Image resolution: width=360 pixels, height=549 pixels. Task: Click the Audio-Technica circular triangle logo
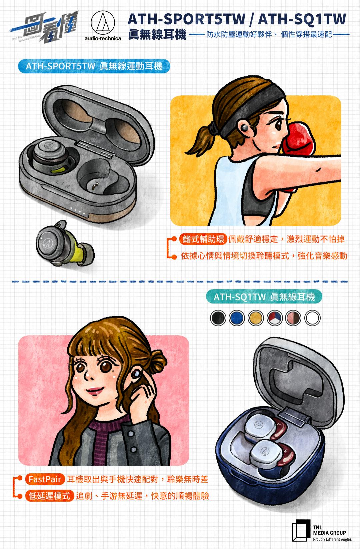[103, 23]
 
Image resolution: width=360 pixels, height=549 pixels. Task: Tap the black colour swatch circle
[218, 318]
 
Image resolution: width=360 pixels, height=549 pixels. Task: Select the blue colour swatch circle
[237, 318]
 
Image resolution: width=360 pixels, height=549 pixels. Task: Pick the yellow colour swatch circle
[255, 318]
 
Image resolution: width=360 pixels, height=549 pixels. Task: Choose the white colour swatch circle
[312, 318]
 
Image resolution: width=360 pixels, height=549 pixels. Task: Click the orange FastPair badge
[45, 479]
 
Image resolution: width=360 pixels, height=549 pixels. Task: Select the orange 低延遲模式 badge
[49, 496]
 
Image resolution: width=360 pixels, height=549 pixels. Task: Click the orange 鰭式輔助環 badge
[203, 239]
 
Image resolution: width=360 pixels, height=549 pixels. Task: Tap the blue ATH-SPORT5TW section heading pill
[94, 66]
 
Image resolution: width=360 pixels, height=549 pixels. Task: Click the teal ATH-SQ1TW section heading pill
[264, 297]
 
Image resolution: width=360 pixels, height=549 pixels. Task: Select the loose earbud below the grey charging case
[65, 243]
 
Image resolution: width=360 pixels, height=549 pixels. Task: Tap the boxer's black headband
[250, 110]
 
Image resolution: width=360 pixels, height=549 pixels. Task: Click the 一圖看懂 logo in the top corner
[44, 27]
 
